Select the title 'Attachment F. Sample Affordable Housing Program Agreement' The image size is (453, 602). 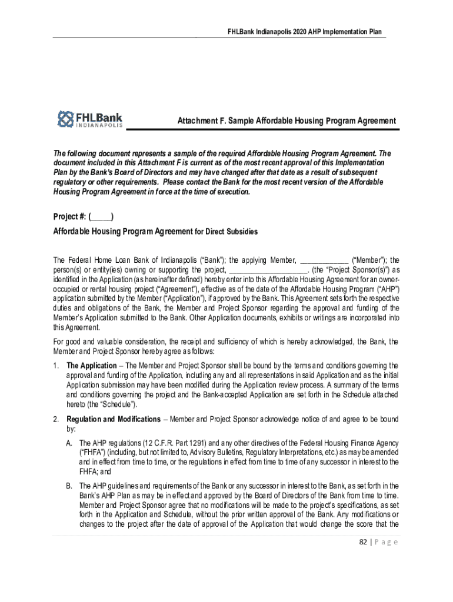click(x=287, y=121)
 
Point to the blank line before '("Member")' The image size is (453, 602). click(x=324, y=260)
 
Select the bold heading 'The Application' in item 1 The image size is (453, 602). click(x=91, y=365)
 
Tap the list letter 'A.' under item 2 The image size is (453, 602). click(x=70, y=443)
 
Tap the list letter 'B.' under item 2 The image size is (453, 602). click(x=70, y=486)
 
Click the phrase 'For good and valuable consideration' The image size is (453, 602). click(x=108, y=341)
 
